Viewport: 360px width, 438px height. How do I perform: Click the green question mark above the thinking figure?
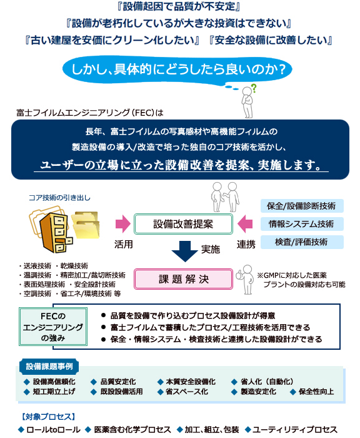(x=254, y=89)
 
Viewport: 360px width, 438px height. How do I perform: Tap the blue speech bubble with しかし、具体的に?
(x=177, y=69)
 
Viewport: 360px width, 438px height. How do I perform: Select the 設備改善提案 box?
(x=183, y=224)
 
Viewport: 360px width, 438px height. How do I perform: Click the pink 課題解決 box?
(x=183, y=279)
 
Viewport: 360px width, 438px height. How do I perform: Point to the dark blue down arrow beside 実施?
(x=185, y=252)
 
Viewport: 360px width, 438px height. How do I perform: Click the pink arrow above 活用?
(x=122, y=224)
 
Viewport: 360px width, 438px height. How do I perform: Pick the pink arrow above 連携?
(x=245, y=224)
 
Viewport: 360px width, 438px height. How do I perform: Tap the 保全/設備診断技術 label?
(x=302, y=206)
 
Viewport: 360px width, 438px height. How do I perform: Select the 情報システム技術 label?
(x=302, y=224)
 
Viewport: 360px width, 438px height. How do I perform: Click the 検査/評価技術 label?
(x=302, y=242)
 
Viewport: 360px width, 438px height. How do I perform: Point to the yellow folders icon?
(x=86, y=225)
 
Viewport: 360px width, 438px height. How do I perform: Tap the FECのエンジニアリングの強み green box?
(x=53, y=327)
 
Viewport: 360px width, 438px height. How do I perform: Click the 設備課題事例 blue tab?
(x=49, y=367)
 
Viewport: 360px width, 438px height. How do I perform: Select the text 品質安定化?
(x=118, y=382)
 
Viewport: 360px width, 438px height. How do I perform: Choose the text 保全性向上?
(x=316, y=392)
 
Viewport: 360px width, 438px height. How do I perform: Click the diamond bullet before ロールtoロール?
(x=21, y=430)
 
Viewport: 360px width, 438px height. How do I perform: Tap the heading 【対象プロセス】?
(x=48, y=417)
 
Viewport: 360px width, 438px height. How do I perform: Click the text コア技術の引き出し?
(x=59, y=198)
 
